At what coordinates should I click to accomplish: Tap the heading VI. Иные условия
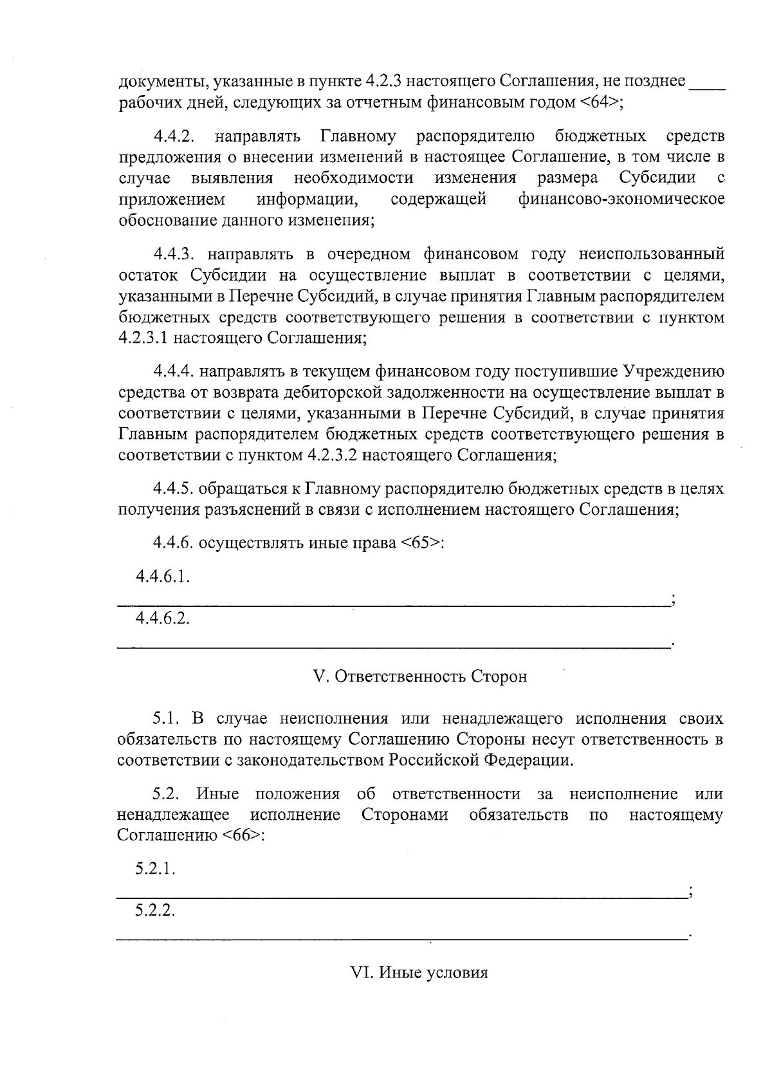tap(418, 972)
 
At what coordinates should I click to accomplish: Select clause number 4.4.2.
tap(174, 136)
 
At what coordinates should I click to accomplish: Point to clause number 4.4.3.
tap(174, 254)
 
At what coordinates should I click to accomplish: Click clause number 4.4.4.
tap(174, 371)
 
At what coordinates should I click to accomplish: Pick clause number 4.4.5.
tap(174, 489)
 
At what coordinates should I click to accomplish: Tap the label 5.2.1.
tap(155, 869)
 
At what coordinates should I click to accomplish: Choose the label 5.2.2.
tap(155, 911)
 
